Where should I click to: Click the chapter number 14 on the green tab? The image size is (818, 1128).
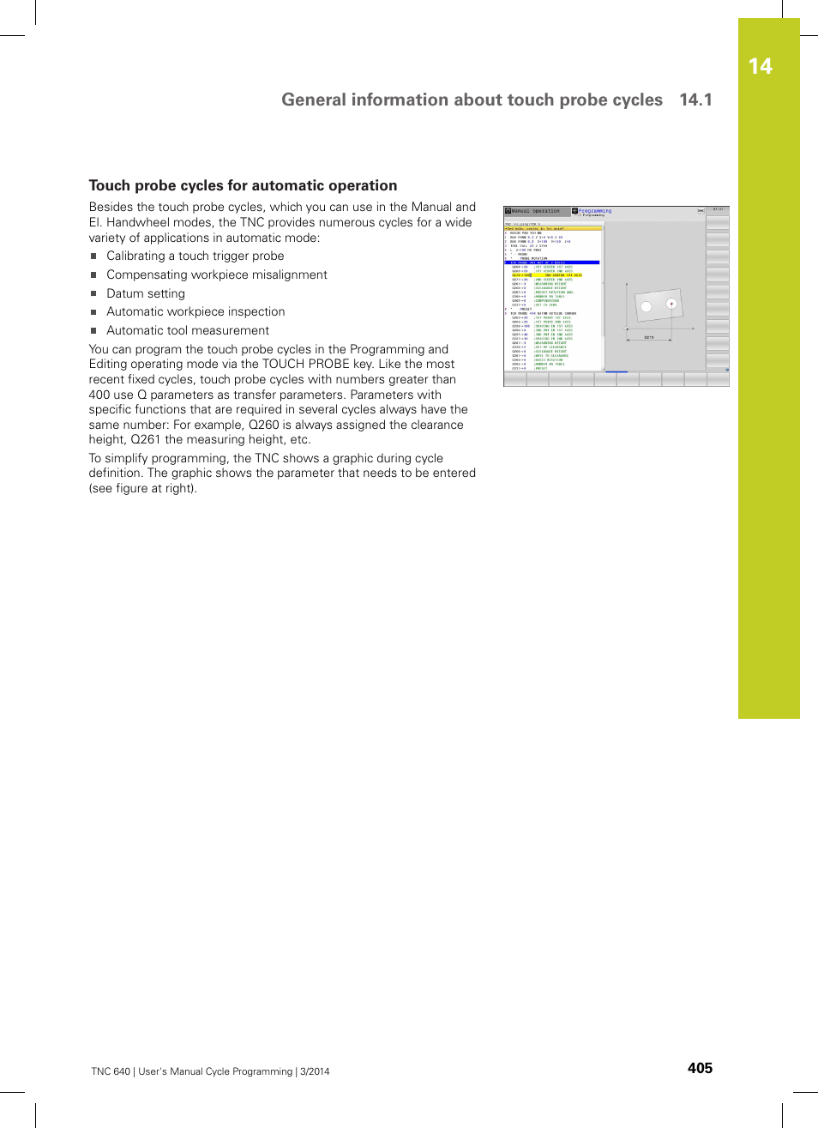pyautogui.click(x=760, y=67)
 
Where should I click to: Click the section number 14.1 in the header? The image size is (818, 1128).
pyautogui.click(x=695, y=100)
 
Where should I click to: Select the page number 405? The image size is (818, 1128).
pyautogui.click(x=700, y=1068)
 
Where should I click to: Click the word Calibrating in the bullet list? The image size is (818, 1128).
pyautogui.click(x=135, y=256)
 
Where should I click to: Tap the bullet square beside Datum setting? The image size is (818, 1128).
pyautogui.click(x=93, y=293)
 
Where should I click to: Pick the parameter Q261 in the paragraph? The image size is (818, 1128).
pyautogui.click(x=146, y=440)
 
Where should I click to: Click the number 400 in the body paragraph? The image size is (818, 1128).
pyautogui.click(x=99, y=395)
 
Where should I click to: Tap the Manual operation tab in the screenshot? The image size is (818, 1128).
pyautogui.click(x=535, y=211)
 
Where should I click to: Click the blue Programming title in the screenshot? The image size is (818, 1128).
pyautogui.click(x=595, y=210)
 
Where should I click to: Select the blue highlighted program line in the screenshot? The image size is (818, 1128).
pyautogui.click(x=552, y=262)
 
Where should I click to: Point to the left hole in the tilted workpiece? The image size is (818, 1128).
pyautogui.click(x=647, y=307)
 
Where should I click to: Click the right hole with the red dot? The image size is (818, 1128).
pyautogui.click(x=671, y=304)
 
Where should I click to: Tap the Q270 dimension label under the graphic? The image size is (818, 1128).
pyautogui.click(x=649, y=337)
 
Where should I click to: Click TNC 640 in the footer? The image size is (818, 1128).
pyautogui.click(x=111, y=1071)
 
